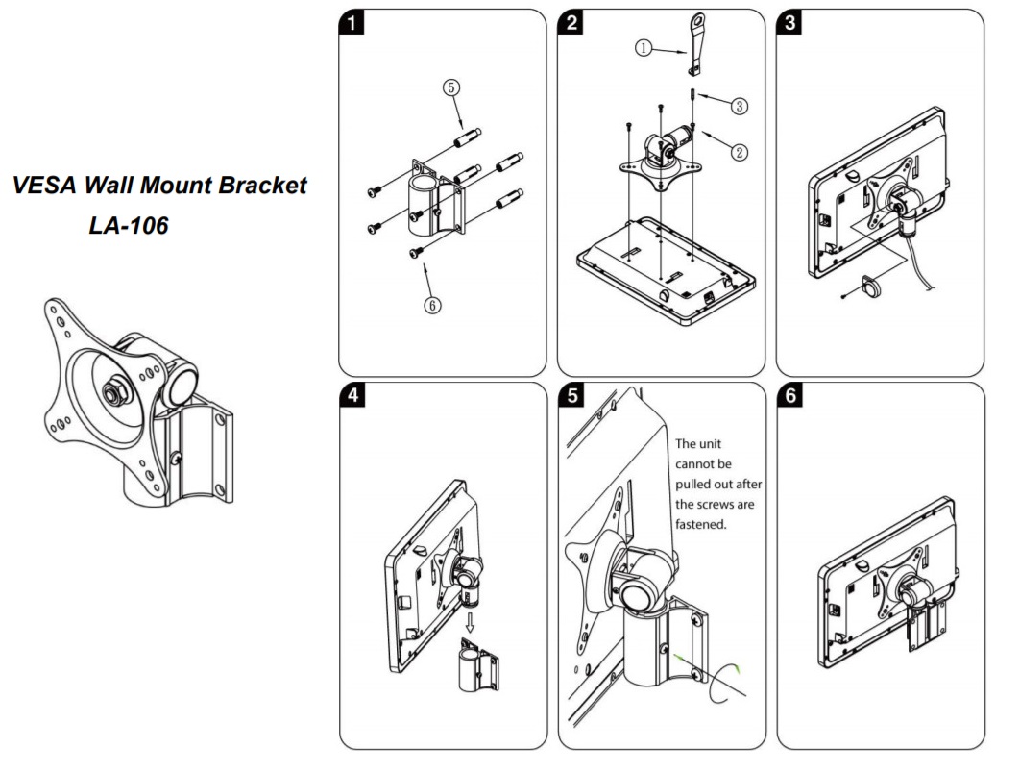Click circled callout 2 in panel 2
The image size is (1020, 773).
738,151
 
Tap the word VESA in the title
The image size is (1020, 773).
50,187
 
